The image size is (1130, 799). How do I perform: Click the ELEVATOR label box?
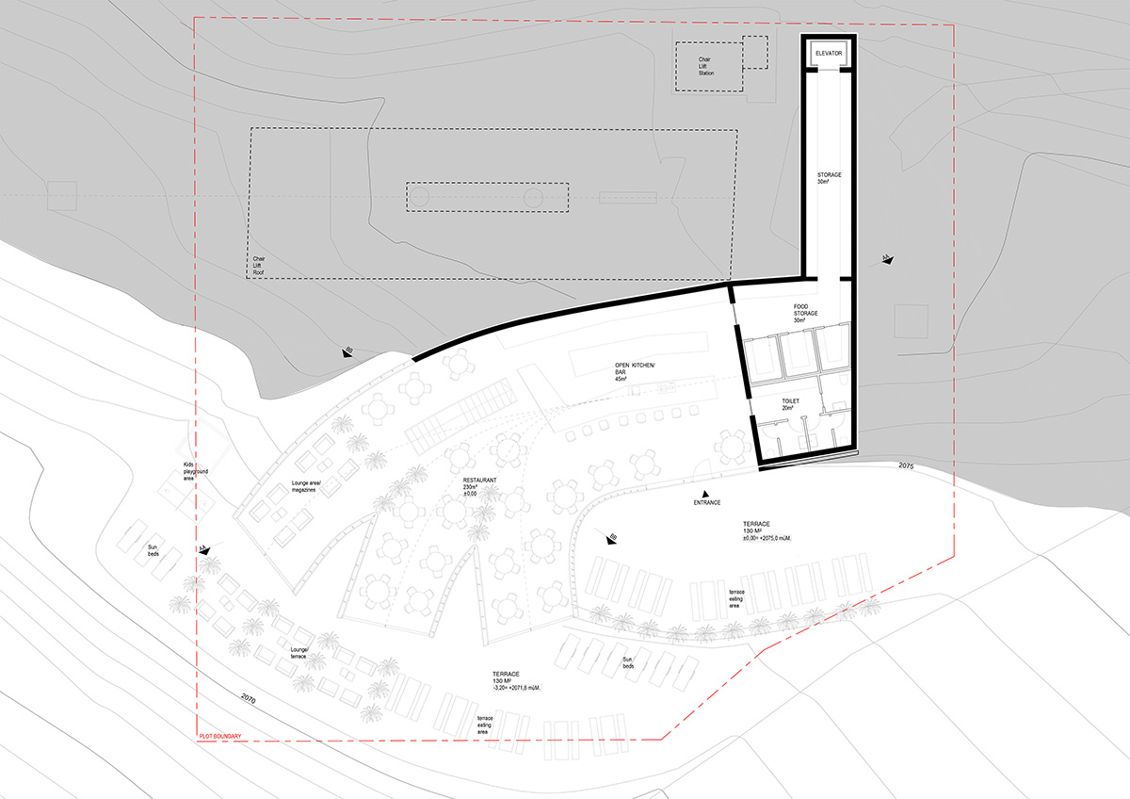point(829,54)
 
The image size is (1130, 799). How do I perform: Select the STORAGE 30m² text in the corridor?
point(829,178)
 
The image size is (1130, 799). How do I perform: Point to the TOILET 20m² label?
point(789,405)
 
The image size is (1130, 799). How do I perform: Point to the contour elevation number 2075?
point(906,465)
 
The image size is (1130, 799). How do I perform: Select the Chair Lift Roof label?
point(259,269)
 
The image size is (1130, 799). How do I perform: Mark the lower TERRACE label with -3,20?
point(516,682)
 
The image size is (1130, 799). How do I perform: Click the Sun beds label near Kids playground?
point(153,550)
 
